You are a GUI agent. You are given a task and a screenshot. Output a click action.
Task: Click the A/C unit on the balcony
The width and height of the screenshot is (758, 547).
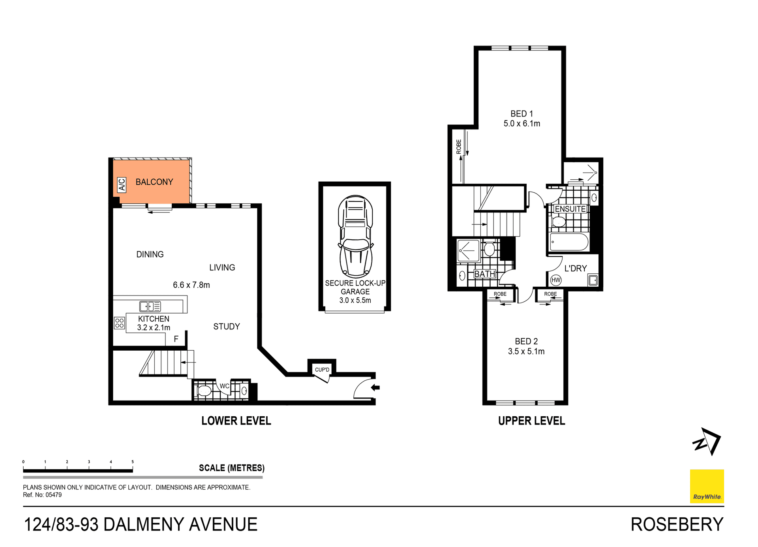point(122,185)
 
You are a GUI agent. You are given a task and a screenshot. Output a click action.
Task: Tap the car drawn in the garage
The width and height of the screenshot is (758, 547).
point(355,236)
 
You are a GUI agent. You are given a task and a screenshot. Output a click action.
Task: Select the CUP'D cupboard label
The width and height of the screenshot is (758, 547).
point(322,370)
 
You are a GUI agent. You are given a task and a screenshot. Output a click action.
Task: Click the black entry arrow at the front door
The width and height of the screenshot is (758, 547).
point(375,387)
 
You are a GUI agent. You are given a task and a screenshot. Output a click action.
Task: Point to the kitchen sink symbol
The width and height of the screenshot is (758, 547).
point(150,306)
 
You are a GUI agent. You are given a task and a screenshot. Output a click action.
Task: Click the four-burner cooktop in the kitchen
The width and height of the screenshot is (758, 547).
point(119,323)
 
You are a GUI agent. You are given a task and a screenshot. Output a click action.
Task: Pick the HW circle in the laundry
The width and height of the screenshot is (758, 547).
point(556,280)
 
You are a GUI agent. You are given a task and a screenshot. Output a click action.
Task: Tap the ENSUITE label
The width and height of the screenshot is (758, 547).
point(570,209)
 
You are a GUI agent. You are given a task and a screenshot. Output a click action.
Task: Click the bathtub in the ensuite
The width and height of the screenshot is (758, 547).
point(569,242)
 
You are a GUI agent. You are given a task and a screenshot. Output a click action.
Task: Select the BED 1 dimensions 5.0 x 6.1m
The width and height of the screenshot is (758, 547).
point(522,124)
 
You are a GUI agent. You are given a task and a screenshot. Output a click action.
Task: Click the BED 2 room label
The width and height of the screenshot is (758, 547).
point(526,341)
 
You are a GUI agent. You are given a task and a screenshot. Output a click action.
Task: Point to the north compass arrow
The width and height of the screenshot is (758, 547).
point(707,442)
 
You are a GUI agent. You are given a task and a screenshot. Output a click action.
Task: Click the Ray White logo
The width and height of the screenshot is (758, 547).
point(707,486)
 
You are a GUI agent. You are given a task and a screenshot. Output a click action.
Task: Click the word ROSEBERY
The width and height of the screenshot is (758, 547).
point(677,524)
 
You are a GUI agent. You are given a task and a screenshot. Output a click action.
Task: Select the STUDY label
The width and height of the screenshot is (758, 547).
point(227,327)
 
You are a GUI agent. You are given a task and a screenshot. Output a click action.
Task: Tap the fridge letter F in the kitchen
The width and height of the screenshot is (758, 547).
point(176,339)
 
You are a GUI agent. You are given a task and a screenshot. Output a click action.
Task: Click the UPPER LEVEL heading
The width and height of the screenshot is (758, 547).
point(531,421)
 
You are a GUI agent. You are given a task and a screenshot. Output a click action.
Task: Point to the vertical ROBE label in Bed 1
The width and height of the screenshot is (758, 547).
point(458,147)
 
